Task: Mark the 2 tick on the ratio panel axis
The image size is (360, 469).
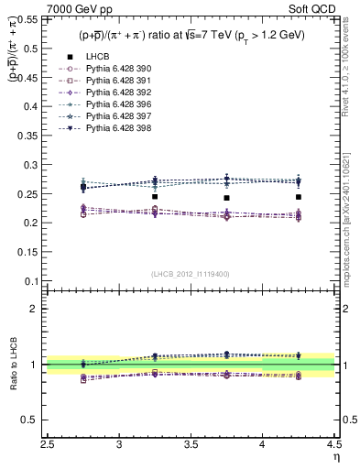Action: [40, 309]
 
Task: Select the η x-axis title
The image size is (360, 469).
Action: [336, 457]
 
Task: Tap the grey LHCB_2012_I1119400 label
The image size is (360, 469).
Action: [191, 274]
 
